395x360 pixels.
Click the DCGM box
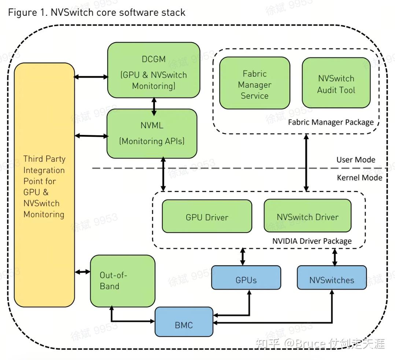tap(154, 70)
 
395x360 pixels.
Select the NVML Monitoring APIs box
tap(152, 133)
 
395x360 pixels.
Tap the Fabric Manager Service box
tap(255, 83)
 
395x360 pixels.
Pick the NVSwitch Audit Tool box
tap(336, 83)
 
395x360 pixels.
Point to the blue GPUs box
tap(246, 280)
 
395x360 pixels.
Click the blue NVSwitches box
tap(332, 280)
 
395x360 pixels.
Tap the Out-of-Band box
tap(122, 281)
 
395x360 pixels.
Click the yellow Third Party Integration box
tap(44, 185)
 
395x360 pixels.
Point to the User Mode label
tap(356, 159)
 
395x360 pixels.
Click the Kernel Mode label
tap(359, 177)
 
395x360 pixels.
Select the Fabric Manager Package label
tap(331, 122)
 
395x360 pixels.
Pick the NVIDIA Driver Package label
tap(312, 241)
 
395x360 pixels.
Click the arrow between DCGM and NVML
tap(154, 106)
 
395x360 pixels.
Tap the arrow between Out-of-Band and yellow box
tap(82, 272)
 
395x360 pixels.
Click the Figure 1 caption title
tap(97, 12)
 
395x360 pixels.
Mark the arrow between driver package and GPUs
tap(243, 256)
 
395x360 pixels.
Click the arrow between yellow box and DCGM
tap(91, 77)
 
